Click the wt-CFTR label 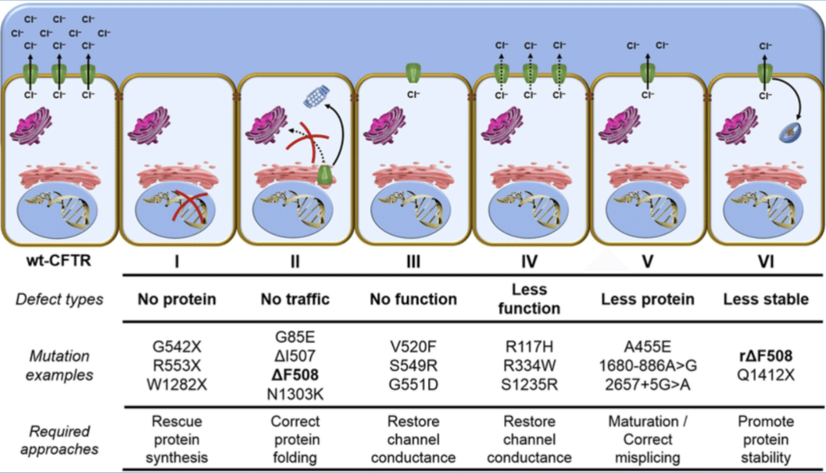58,261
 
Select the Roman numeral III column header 413,261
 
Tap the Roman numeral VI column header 766,261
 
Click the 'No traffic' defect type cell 295,299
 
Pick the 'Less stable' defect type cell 766,299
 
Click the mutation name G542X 177,346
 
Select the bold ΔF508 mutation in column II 295,375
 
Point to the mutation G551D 413,385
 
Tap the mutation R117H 529,346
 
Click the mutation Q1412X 766,375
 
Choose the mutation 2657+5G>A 647,385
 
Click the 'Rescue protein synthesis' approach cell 177,439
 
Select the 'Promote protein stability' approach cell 766,439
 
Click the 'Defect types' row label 59,299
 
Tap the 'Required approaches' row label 59,440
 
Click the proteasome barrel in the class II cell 316,96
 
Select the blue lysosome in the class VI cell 790,133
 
